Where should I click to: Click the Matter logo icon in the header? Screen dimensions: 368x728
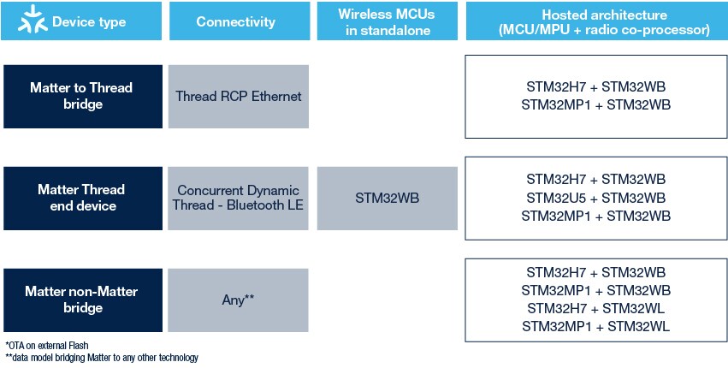28,21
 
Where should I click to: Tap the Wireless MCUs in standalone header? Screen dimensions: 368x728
386,21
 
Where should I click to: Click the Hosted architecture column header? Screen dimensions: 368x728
595,21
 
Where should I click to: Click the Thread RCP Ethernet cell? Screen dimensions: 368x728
239,96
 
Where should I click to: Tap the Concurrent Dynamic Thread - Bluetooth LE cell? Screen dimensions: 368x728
239,198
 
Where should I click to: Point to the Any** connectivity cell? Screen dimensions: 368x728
239,299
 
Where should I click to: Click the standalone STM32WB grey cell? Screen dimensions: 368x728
386,198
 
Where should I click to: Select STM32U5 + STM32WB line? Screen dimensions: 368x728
595,197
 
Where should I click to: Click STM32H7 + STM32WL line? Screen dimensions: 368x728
595,308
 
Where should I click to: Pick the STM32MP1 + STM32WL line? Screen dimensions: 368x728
595,326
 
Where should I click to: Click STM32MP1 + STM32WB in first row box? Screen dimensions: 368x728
595,104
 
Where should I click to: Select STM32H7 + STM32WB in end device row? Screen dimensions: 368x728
595,179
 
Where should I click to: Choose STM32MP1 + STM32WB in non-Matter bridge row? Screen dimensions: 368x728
595,290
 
